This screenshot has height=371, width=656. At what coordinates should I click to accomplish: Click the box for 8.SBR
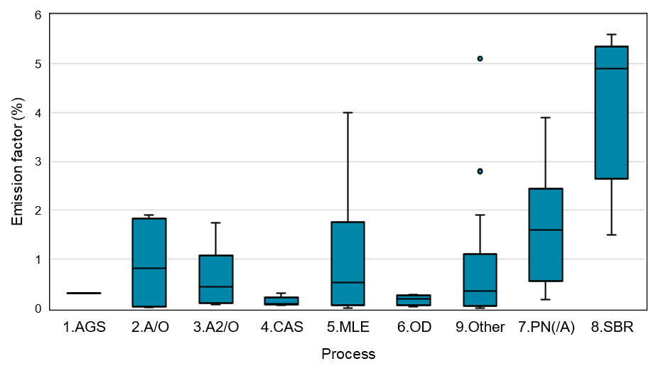tap(611, 112)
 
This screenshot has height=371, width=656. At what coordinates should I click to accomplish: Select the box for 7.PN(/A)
tap(545, 235)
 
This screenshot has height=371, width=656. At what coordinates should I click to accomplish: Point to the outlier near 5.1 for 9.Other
tap(480, 58)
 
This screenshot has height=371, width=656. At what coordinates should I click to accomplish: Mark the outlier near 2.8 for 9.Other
tap(480, 171)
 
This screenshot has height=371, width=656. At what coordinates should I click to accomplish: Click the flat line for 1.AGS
tap(83, 293)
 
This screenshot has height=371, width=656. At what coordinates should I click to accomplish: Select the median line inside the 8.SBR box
tap(611, 69)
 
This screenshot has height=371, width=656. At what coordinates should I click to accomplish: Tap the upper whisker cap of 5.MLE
tap(348, 112)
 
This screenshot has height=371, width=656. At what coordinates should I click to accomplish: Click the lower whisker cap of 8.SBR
tap(611, 235)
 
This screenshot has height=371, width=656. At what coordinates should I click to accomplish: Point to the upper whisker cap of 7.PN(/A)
tap(545, 117)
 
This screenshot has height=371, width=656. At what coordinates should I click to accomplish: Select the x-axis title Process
tap(348, 354)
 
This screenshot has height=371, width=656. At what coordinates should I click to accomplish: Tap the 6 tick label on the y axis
tap(38, 15)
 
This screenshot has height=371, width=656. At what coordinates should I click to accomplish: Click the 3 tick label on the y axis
tap(38, 161)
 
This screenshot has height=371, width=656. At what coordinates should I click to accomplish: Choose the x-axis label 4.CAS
tap(281, 328)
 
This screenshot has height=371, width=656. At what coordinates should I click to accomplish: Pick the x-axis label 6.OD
tap(414, 328)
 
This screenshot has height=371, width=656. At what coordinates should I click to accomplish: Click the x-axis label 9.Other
tap(480, 328)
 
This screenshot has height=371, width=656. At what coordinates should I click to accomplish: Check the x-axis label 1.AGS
tap(83, 328)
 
